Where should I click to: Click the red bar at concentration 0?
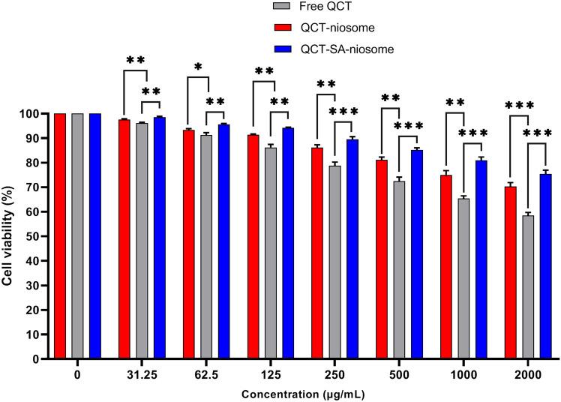pos(60,236)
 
